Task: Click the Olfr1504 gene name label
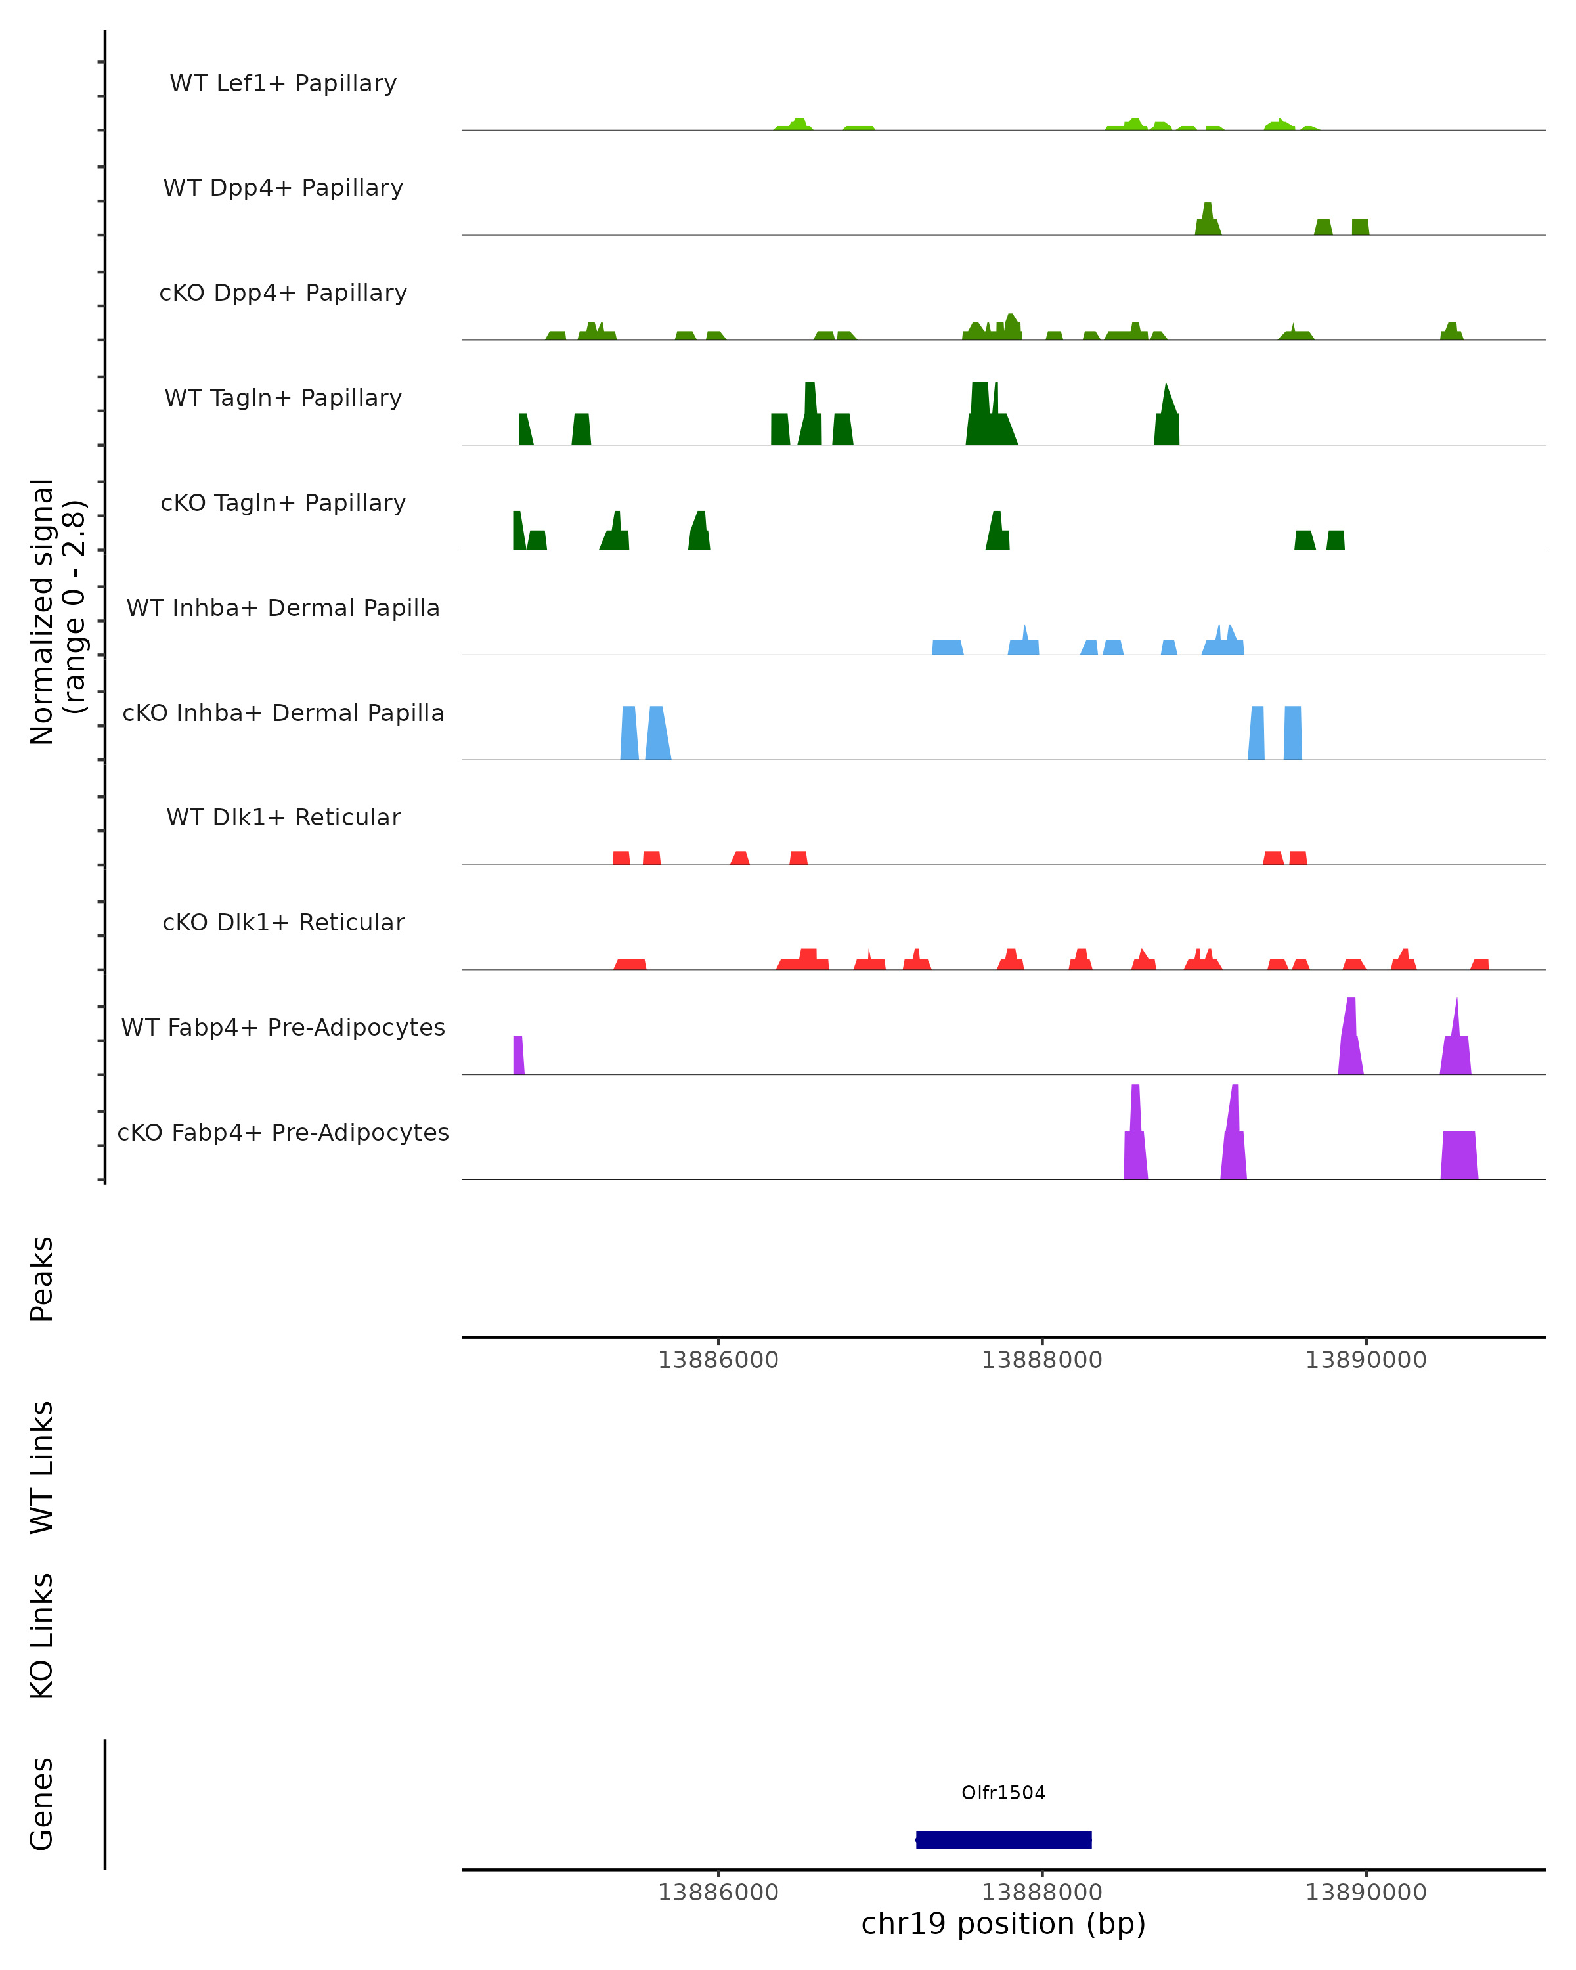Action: pyautogui.click(x=1003, y=1793)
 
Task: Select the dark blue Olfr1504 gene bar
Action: pyautogui.click(x=1003, y=1839)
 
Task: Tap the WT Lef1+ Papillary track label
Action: pyautogui.click(x=283, y=83)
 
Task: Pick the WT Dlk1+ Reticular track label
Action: pyautogui.click(x=283, y=817)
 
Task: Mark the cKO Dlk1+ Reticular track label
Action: pyautogui.click(x=283, y=922)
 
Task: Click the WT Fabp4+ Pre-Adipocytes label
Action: pyautogui.click(x=283, y=1027)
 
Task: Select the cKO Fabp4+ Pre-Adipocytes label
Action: pyautogui.click(x=283, y=1132)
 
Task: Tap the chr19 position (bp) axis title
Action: pyautogui.click(x=1003, y=1923)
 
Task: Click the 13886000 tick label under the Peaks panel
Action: pyautogui.click(x=718, y=1360)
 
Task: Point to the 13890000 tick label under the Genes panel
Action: pyautogui.click(x=1365, y=1893)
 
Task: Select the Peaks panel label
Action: pyautogui.click(x=42, y=1279)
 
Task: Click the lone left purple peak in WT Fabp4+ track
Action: pyautogui.click(x=518, y=1057)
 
